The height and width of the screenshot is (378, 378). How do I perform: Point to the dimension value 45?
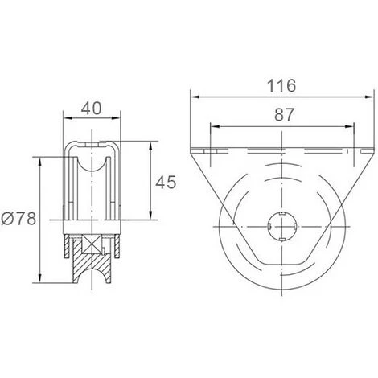(x=166, y=183)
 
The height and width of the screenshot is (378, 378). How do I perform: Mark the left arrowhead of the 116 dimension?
(x=194, y=96)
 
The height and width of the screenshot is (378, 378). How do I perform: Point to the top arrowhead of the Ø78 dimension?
(x=39, y=159)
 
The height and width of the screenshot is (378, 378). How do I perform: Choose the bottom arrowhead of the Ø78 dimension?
(x=39, y=281)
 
